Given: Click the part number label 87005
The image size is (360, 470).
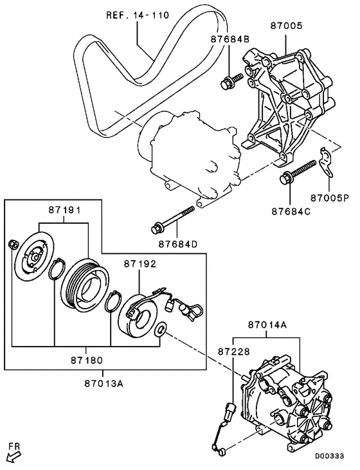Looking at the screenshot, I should point(286,27).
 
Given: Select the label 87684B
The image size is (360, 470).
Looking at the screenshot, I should point(229,39).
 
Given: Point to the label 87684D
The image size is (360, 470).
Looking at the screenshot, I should point(179,244).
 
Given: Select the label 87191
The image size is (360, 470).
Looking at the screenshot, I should point(63,210).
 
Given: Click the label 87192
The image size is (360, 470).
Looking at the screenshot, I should point(140,264).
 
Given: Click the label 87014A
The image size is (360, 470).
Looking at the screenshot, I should point(266,326).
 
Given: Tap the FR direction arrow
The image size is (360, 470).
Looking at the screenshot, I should point(14,455).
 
